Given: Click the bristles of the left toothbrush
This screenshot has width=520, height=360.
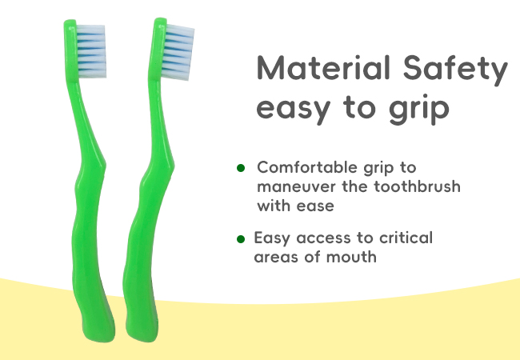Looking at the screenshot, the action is click(x=91, y=51).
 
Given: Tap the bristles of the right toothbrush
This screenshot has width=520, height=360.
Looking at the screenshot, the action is click(x=178, y=52).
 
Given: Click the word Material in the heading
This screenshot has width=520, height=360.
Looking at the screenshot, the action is click(x=323, y=68).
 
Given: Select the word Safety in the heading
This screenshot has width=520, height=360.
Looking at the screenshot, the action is click(x=455, y=70).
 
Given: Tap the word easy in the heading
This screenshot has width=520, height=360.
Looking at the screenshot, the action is click(x=294, y=108).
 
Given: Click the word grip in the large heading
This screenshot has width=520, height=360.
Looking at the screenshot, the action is click(x=419, y=108).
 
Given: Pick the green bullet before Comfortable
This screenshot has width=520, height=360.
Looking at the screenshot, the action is click(x=241, y=168).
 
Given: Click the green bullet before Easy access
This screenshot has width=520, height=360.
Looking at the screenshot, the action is click(x=241, y=239).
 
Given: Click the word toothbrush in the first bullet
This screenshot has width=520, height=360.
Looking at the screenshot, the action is click(x=417, y=186).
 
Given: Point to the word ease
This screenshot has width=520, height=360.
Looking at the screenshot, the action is click(x=315, y=206).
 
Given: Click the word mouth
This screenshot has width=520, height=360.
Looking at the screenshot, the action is click(x=351, y=257).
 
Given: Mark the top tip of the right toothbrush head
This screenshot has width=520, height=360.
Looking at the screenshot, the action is click(x=161, y=19).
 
